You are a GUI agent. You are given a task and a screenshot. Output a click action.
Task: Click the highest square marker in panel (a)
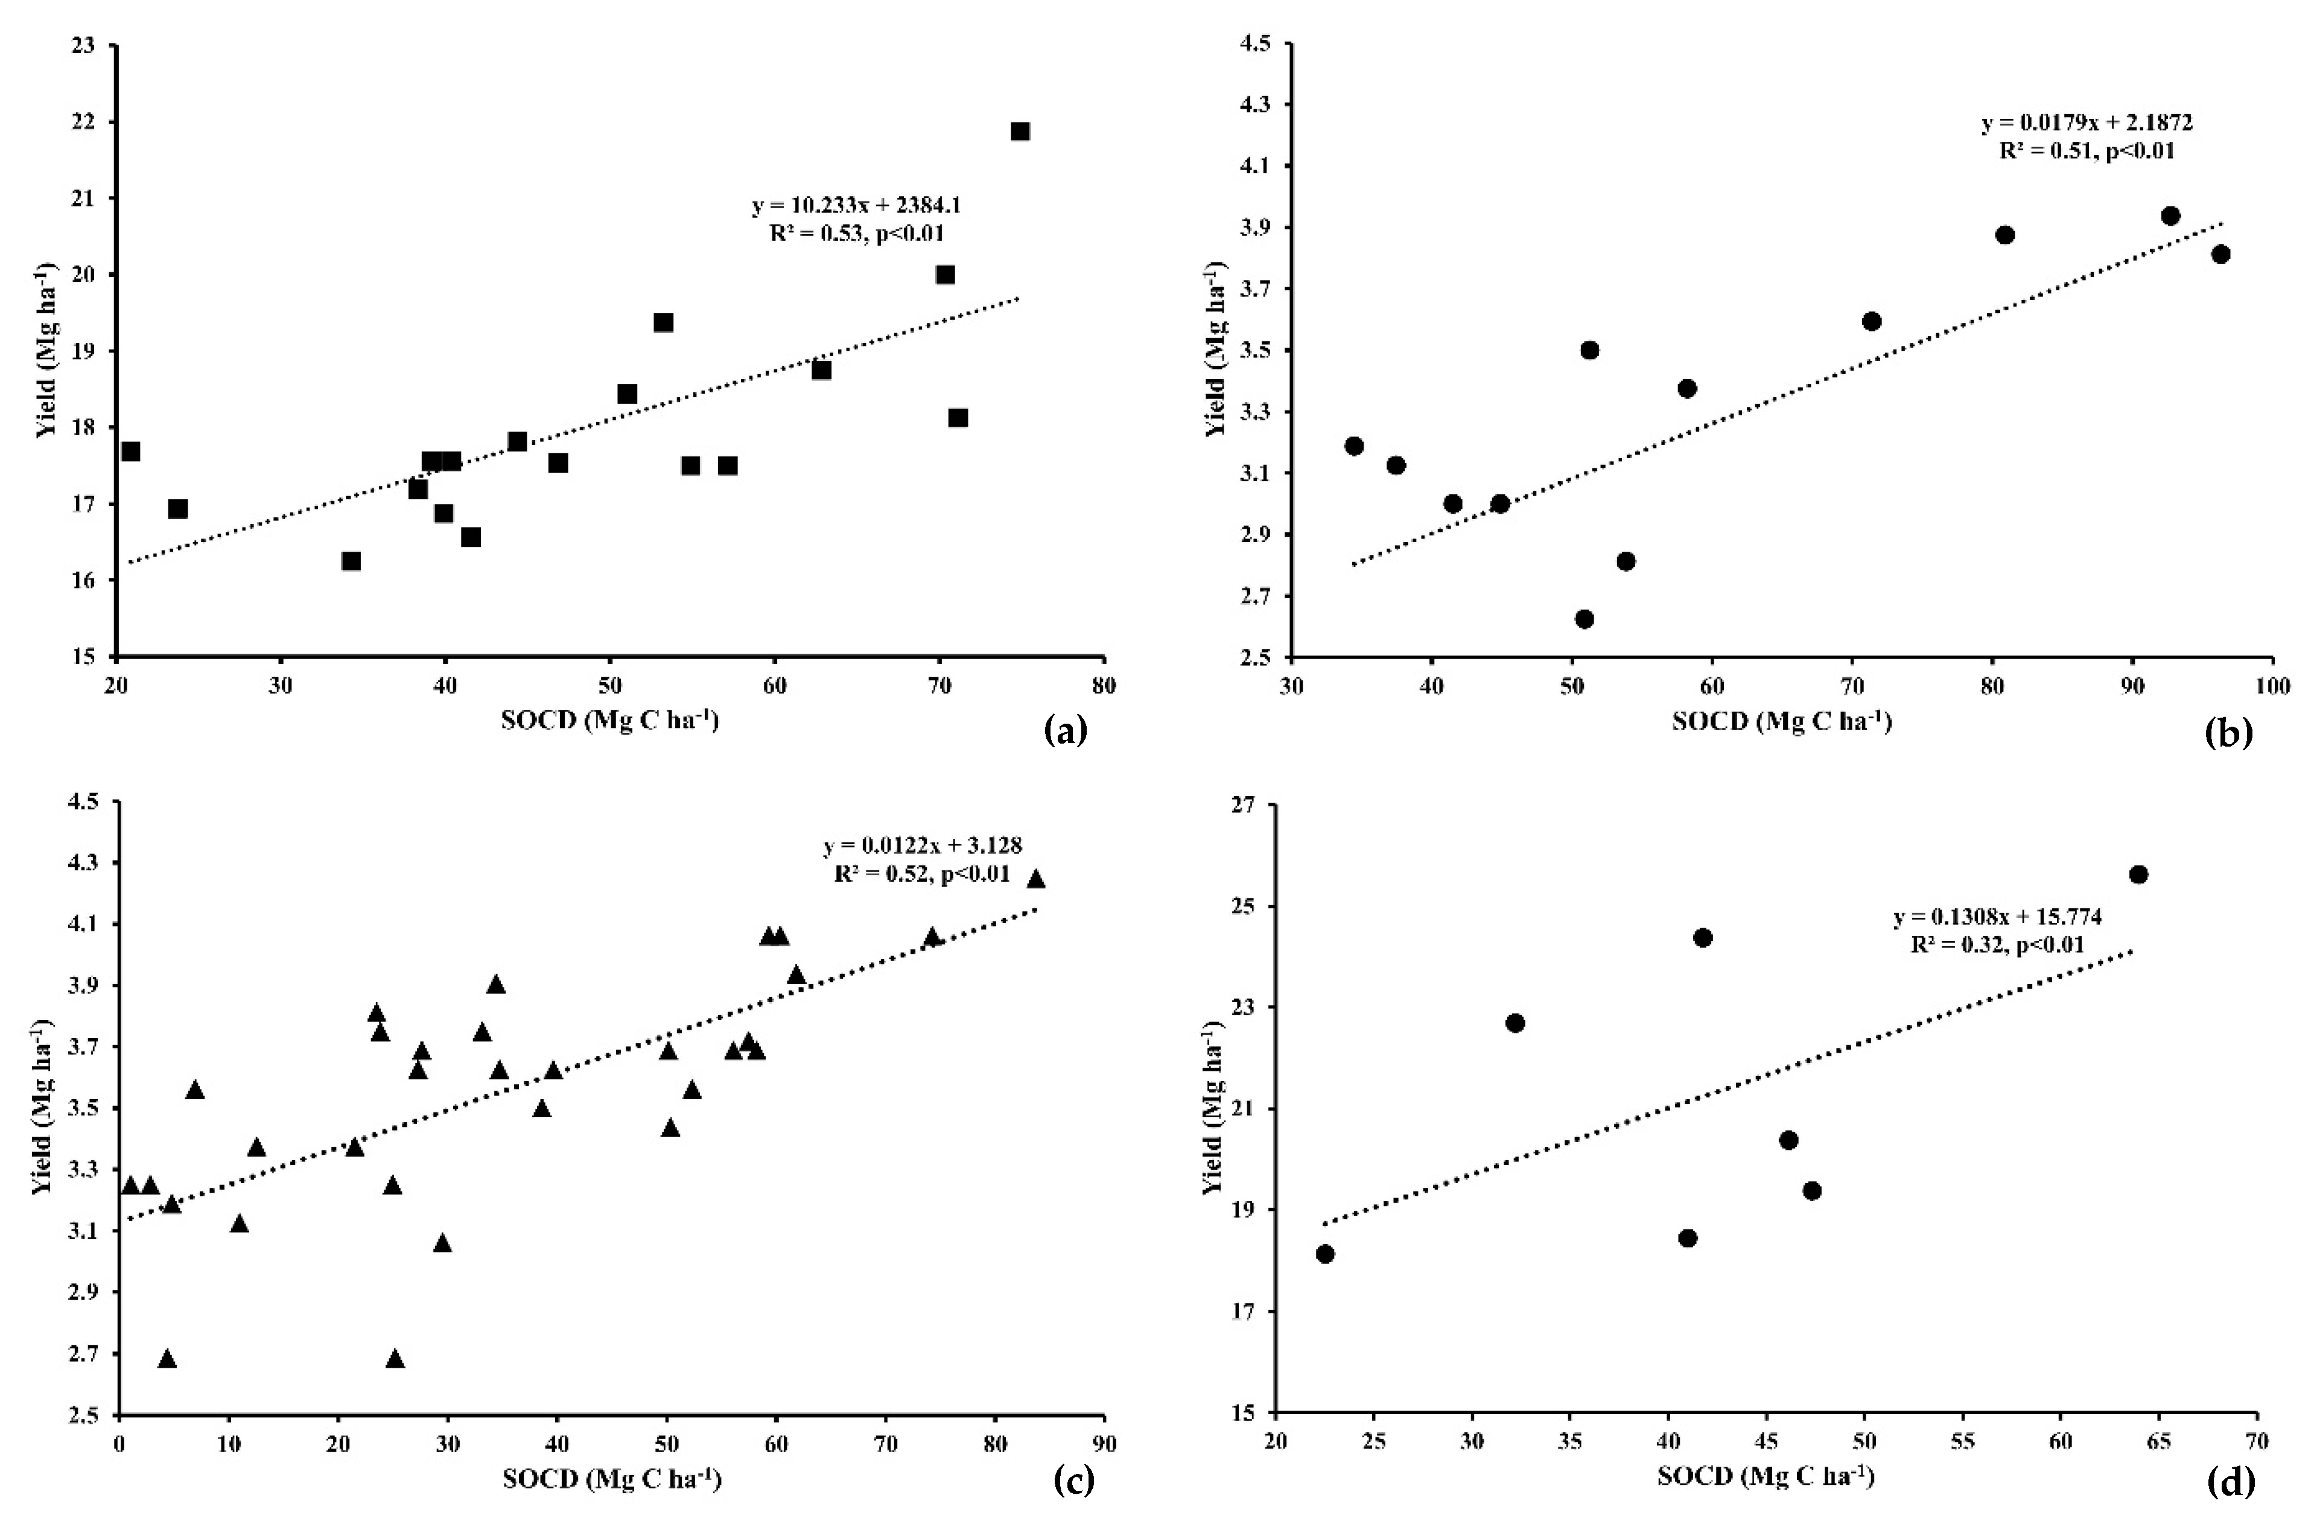coord(1020,132)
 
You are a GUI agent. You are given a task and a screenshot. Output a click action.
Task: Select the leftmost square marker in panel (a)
coord(130,451)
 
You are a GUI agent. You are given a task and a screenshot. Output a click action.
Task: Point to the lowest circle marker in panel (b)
coord(1585,619)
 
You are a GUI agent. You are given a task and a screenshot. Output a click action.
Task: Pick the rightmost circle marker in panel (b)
coord(2220,254)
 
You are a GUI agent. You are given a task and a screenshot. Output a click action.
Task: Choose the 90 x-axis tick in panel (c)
coord(1104,1445)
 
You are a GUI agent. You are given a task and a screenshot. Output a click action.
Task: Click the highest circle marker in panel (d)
coord(2138,874)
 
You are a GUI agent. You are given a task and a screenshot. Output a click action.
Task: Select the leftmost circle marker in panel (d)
coord(1325,1254)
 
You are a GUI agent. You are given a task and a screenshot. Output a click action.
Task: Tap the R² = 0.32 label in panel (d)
coord(1997,944)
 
